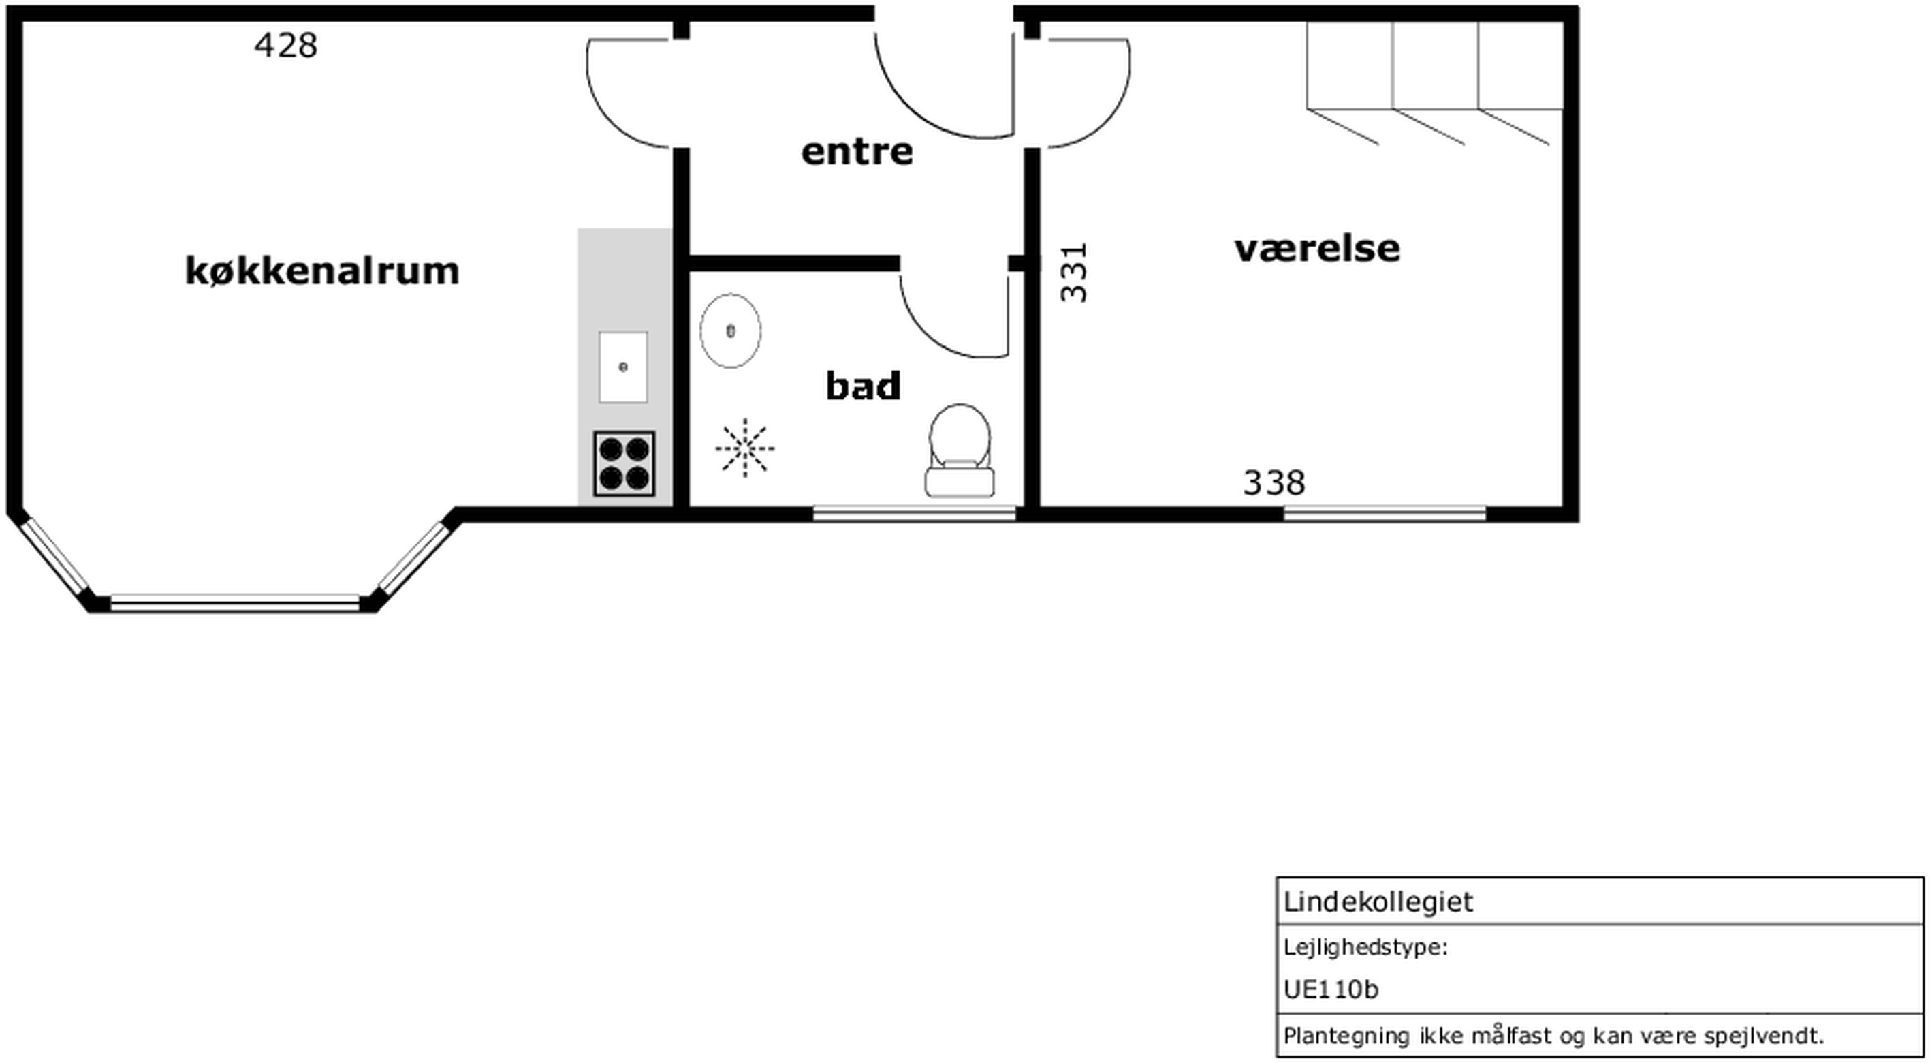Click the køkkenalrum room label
point(322,271)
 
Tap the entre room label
point(857,152)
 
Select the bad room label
point(862,386)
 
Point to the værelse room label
point(1317,248)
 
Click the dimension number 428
point(285,46)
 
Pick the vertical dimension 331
point(1074,272)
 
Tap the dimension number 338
point(1274,482)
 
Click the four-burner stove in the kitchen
point(624,463)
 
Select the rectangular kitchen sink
point(622,367)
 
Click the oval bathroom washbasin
point(731,330)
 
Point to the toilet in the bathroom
point(960,450)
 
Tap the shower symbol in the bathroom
point(745,448)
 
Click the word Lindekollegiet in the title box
point(1378,902)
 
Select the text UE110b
point(1331,989)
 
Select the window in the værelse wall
point(1385,514)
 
